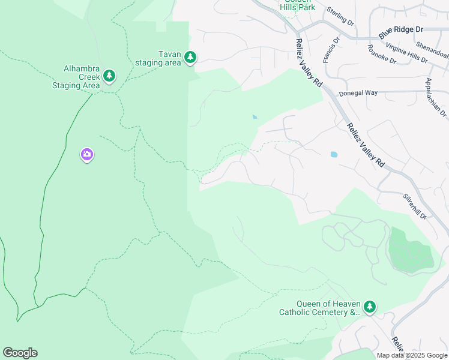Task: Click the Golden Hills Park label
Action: (297, 5)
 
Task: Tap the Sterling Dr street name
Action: (341, 16)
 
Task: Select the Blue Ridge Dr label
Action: (401, 29)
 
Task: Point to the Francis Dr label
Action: (331, 50)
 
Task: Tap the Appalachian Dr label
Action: (436, 97)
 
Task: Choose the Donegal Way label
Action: (358, 93)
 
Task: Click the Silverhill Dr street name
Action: (414, 206)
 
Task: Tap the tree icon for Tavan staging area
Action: (190, 58)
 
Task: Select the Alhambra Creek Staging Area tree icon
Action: (109, 76)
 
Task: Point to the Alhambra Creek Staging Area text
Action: (74, 77)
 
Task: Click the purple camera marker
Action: (87, 155)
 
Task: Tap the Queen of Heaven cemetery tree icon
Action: (370, 307)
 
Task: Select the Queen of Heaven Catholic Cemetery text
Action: (320, 307)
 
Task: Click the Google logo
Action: (20, 353)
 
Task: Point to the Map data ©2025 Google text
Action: (411, 355)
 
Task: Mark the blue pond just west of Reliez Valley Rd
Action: (334, 154)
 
